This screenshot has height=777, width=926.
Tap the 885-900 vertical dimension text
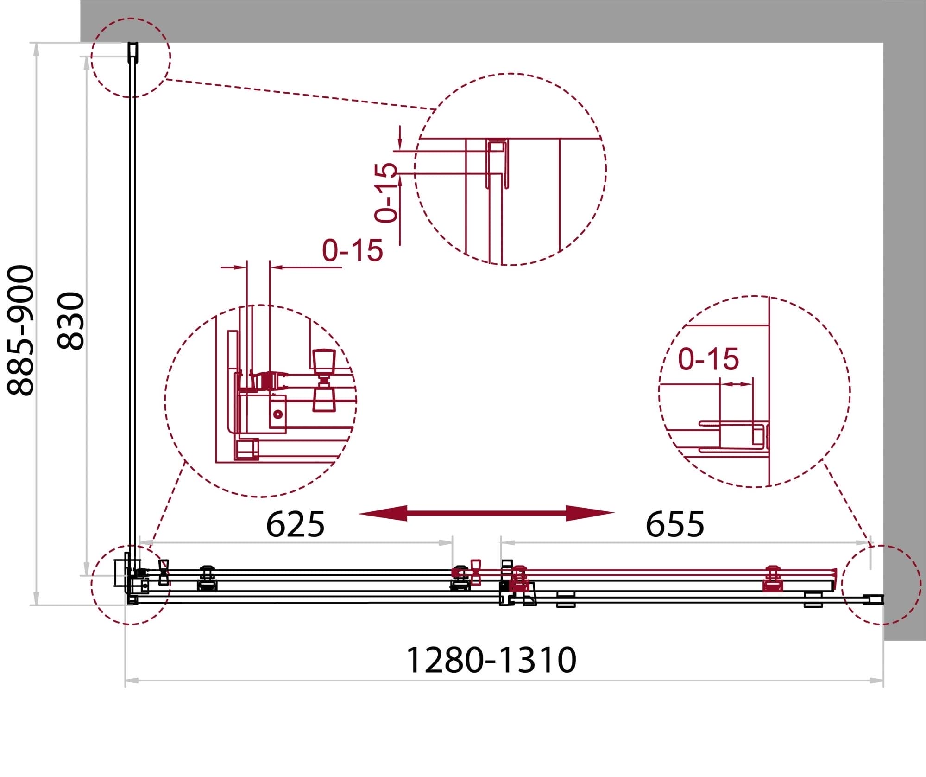[x=21, y=330]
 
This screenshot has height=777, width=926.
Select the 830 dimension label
[x=71, y=320]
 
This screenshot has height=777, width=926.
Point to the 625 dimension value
[x=295, y=524]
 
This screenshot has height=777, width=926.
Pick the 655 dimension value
[x=675, y=524]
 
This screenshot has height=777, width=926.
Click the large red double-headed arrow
[x=486, y=513]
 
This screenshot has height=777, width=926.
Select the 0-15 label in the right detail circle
[x=708, y=359]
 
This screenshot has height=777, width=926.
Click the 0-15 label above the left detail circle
[x=353, y=251]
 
